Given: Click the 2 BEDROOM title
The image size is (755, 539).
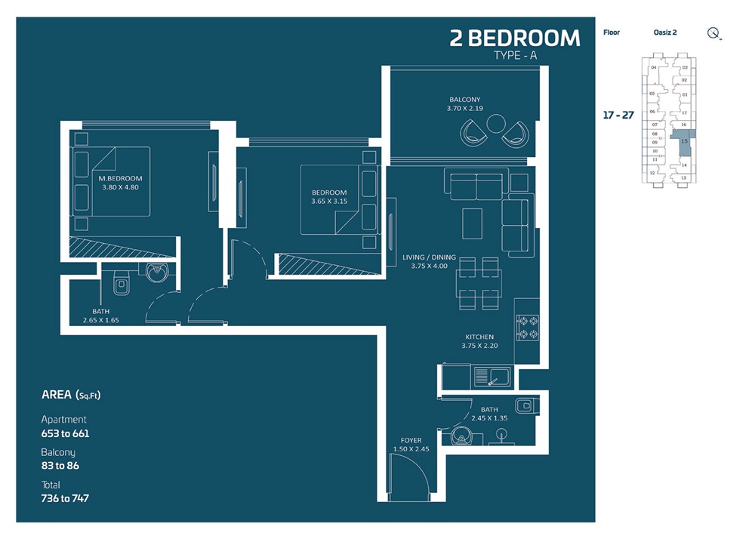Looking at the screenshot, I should click(x=515, y=38).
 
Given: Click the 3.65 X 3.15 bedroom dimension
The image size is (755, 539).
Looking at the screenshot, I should click(x=328, y=202).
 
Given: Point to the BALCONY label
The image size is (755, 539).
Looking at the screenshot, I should click(x=464, y=100).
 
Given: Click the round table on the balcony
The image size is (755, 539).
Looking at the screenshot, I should click(x=496, y=124).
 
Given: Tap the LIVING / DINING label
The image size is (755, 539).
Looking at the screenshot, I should click(x=429, y=257).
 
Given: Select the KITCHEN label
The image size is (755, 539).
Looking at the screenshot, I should click(x=479, y=337).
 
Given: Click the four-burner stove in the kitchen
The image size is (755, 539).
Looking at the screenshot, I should click(x=526, y=325).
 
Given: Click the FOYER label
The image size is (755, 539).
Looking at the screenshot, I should click(x=411, y=440).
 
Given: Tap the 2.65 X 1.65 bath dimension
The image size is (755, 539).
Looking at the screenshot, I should click(x=101, y=320).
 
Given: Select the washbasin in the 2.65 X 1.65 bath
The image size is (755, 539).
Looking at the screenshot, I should click(x=158, y=273).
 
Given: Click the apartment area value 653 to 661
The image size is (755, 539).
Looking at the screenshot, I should click(x=65, y=433).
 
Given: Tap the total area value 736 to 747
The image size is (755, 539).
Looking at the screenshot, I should click(x=65, y=498).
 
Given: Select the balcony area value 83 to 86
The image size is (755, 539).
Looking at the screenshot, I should click(x=60, y=466).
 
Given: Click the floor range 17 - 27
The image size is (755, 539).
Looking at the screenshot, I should click(x=618, y=115).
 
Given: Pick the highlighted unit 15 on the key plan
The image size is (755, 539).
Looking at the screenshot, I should click(x=683, y=141).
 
